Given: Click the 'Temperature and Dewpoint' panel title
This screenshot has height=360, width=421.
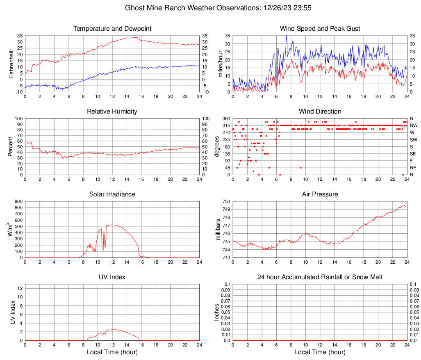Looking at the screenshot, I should [x=112, y=29].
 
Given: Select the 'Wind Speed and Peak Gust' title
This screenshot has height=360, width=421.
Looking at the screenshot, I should [x=320, y=29].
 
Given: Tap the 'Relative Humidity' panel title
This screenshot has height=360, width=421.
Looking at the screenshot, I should [x=112, y=112].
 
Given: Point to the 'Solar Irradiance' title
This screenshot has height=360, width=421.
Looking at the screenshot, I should [x=112, y=194].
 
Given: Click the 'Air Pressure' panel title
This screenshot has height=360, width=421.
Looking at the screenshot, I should [x=320, y=194].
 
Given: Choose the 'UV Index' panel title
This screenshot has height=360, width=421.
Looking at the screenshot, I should [x=112, y=277].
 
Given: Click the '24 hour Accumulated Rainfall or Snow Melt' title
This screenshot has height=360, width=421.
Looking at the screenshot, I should [x=320, y=277].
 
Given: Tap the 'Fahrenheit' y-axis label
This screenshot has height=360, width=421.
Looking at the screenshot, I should [x=11, y=64].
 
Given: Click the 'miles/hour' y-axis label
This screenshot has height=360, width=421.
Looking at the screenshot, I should [x=221, y=64].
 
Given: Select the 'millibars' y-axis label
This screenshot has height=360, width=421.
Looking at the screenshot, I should [x=218, y=230].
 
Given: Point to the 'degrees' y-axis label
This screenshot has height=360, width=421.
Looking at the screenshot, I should [x=217, y=147].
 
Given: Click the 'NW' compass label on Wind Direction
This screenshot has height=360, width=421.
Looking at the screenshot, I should [x=414, y=125].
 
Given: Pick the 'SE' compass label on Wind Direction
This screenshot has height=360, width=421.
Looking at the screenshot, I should [x=413, y=154].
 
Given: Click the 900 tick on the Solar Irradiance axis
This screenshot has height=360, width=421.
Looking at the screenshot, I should [x=18, y=201].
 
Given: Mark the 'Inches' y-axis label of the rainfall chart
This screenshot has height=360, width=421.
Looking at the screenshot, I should [x=217, y=312].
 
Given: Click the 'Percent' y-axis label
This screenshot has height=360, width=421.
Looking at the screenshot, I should [x=11, y=147].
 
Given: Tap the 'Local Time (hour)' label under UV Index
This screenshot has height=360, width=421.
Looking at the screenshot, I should [x=112, y=352].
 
